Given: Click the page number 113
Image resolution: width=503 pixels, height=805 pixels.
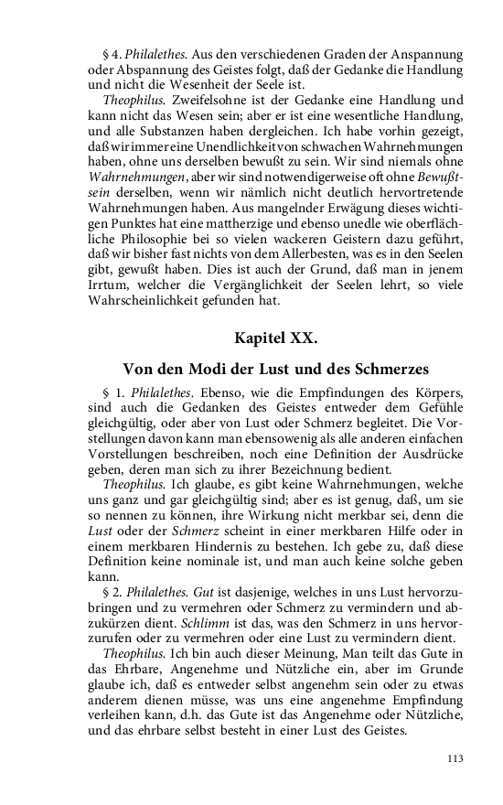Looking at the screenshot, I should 456,758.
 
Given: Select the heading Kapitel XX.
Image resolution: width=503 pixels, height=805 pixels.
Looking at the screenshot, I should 276,338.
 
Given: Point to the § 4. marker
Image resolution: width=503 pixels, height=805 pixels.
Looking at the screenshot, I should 112,54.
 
